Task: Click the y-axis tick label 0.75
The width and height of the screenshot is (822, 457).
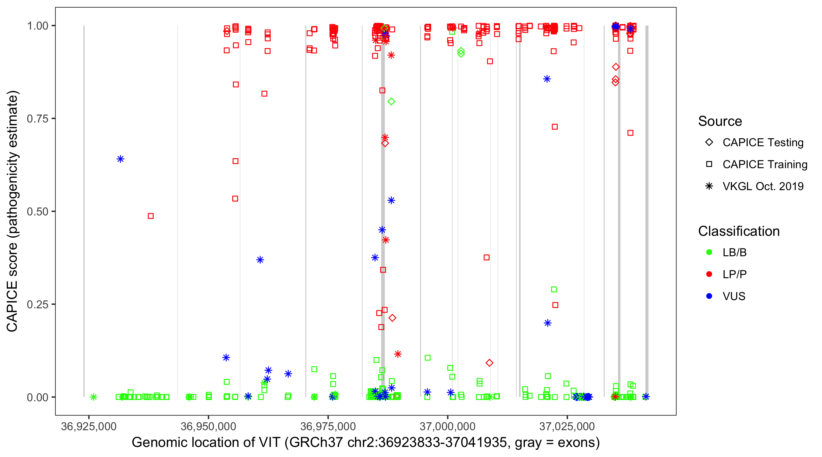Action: pyautogui.click(x=37, y=119)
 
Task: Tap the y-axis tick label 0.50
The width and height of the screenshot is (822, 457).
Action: pyautogui.click(x=37, y=212)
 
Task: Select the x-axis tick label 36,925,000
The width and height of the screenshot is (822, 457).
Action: pyautogui.click(x=89, y=426)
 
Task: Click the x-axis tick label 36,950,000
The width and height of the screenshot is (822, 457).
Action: pyautogui.click(x=208, y=426)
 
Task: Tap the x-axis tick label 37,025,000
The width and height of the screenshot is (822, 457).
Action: pyautogui.click(x=567, y=426)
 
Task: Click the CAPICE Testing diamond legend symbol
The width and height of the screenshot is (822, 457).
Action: pyautogui.click(x=709, y=143)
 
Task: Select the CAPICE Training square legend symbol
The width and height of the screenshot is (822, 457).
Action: pyautogui.click(x=709, y=165)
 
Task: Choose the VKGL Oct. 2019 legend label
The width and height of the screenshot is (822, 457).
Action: pyautogui.click(x=763, y=186)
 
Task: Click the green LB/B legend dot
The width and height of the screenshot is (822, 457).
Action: pyautogui.click(x=709, y=253)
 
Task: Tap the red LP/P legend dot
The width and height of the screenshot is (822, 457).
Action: pyautogui.click(x=709, y=274)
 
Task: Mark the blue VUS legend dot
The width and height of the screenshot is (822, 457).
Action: pyautogui.click(x=709, y=296)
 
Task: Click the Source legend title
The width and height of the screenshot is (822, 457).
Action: pyautogui.click(x=720, y=121)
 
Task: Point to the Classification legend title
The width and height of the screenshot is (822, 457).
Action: pyautogui.click(x=739, y=231)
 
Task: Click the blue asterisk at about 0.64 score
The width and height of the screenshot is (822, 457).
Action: pyautogui.click(x=120, y=159)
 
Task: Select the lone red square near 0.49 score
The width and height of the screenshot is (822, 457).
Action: pyautogui.click(x=151, y=216)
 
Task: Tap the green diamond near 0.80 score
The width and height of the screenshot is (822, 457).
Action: pyautogui.click(x=391, y=101)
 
